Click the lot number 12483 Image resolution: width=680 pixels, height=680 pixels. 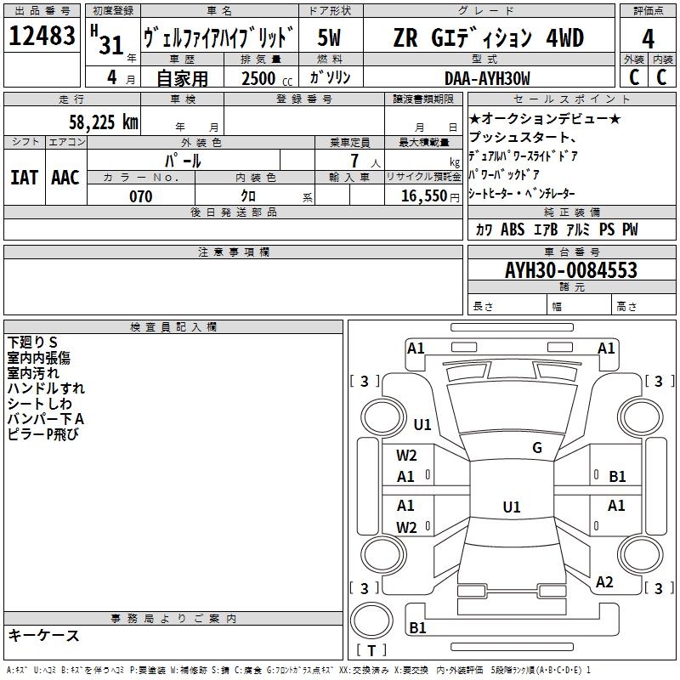click(42, 36)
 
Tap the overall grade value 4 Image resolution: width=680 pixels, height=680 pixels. click(648, 38)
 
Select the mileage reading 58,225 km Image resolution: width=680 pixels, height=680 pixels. click(104, 122)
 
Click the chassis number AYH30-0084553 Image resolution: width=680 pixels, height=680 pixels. click(571, 269)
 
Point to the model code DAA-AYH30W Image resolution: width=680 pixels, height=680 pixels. click(487, 78)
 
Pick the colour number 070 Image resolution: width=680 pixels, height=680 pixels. click(141, 196)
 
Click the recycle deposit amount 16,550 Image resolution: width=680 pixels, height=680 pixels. click(423, 196)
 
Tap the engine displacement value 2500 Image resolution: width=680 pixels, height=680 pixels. click(258, 78)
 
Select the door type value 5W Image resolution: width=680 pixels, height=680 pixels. click(329, 37)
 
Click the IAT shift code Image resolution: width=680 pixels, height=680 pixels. click(25, 178)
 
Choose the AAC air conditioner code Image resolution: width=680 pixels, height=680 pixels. click(65, 178)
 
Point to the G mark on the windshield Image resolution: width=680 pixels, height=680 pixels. click(537, 448)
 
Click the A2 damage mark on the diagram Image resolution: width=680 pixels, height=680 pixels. click(604, 582)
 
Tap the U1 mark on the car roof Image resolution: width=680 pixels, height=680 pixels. click(512, 507)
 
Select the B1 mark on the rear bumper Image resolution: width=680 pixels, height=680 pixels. click(417, 627)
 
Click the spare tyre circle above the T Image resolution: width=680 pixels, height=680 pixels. click(371, 620)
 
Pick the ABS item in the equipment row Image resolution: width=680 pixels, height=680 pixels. click(513, 229)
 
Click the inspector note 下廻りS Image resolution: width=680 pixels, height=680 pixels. click(32, 343)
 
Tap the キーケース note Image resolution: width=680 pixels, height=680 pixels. click(44, 635)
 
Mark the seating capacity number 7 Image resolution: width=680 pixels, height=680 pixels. click(355, 161)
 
